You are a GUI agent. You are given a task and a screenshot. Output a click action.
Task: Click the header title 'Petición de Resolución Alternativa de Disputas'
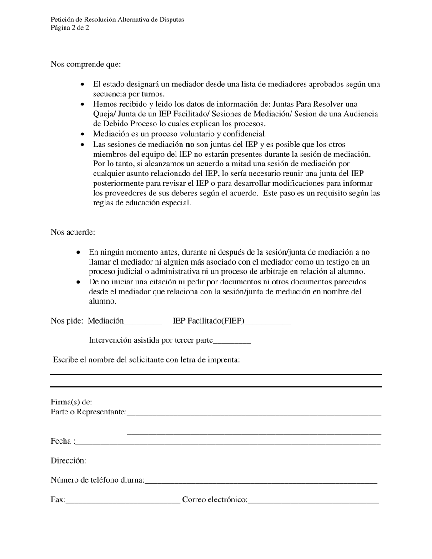point(117,20)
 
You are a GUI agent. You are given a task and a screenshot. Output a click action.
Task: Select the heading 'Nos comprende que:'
point(85,64)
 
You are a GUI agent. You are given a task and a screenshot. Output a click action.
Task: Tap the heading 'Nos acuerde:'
point(73,232)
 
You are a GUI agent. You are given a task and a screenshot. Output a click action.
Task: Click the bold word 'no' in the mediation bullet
point(190,144)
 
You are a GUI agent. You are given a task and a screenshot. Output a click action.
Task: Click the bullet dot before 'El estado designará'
point(82,85)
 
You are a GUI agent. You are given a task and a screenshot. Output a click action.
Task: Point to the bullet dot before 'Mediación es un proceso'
point(82,134)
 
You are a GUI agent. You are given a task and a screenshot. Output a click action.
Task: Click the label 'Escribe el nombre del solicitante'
point(146,359)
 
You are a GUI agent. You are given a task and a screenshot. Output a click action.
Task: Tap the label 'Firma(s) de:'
point(71,402)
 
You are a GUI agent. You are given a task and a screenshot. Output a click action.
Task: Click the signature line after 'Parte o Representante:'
point(254,413)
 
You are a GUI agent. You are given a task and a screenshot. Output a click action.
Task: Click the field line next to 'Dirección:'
point(232,462)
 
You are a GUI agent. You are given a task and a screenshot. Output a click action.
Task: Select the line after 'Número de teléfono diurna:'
point(261,481)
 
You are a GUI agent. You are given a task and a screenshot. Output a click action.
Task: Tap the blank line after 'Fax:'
point(123,501)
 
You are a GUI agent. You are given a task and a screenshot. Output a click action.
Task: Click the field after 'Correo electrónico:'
point(313,501)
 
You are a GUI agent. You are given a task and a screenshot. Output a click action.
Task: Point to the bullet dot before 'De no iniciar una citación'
point(79,282)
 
